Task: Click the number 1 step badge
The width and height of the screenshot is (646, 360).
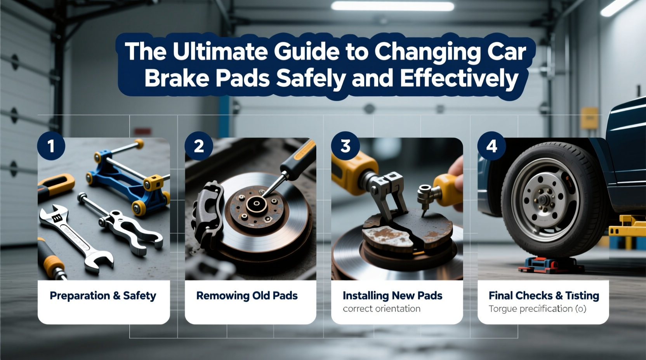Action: (51, 146)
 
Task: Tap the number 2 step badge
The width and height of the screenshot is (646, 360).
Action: (199, 146)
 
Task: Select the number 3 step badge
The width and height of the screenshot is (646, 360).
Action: (345, 146)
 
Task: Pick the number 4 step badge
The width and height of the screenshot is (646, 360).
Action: (491, 146)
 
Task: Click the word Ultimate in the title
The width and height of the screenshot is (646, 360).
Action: (220, 52)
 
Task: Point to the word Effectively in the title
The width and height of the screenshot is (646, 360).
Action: (459, 79)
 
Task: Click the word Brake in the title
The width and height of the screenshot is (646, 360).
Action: (177, 79)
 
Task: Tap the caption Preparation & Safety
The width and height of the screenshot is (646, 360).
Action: (103, 296)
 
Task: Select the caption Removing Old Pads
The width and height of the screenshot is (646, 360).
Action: (247, 296)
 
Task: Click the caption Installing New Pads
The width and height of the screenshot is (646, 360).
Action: (392, 296)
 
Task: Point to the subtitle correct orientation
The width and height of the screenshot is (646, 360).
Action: (382, 309)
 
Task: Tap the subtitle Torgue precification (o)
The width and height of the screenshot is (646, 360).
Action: (537, 309)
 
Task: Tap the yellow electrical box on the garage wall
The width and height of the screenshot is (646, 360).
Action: (589, 118)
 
